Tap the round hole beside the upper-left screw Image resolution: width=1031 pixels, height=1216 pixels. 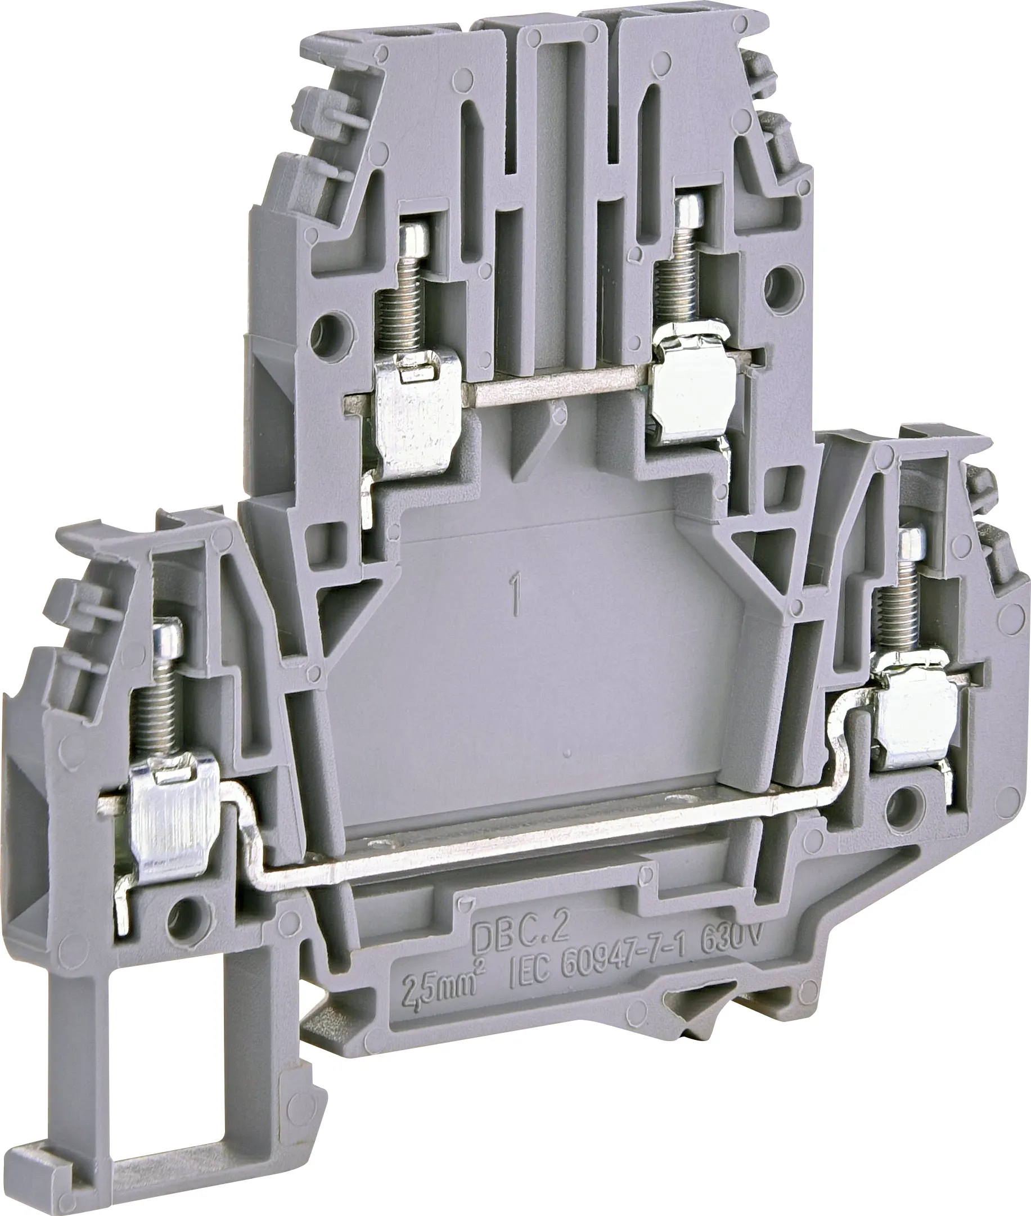click(x=325, y=324)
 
